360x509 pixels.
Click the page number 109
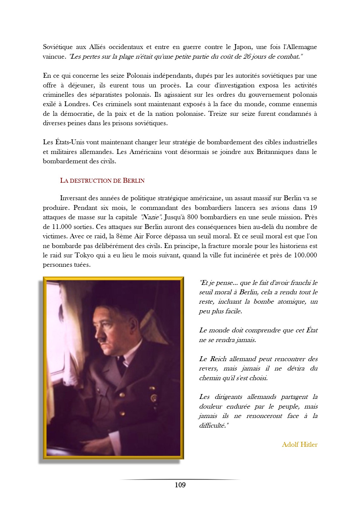[180, 485]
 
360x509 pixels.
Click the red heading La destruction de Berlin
[102, 181]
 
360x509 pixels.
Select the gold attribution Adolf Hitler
[299, 444]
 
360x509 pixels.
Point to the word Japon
[242, 47]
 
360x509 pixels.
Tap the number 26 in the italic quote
[247, 57]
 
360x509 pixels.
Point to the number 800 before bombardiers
[192, 217]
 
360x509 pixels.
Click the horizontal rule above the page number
[180, 479]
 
